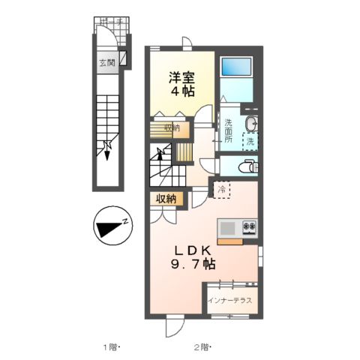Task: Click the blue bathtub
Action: (x=236, y=68)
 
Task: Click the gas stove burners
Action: (x=249, y=226)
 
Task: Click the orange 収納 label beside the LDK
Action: (x=166, y=199)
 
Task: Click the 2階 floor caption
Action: (x=202, y=346)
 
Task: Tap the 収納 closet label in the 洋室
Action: (x=172, y=127)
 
